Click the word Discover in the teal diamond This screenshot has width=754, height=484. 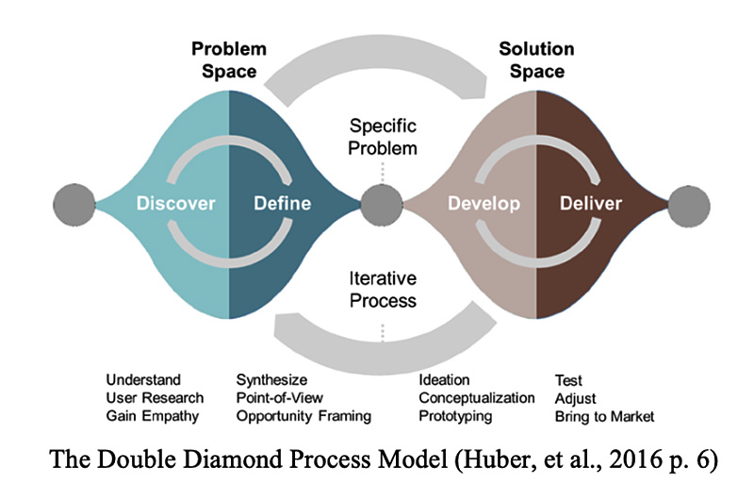(x=176, y=203)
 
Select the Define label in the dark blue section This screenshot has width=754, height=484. (x=283, y=203)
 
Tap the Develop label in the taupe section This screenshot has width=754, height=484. (x=484, y=203)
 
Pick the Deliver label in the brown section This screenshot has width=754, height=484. (x=591, y=203)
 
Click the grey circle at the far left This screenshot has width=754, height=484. (x=74, y=203)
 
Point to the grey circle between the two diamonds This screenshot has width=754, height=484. (x=383, y=203)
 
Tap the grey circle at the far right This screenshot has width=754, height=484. (x=690, y=203)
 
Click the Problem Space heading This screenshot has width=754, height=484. (x=229, y=59)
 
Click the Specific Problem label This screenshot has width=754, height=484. (x=383, y=136)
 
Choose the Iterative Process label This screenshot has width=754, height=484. (x=383, y=290)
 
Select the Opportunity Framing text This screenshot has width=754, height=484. (x=303, y=415)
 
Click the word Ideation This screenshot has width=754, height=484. (x=444, y=380)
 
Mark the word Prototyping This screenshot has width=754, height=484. (x=455, y=415)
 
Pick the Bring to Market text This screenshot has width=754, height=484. (x=604, y=415)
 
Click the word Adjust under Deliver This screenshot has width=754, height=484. (x=575, y=397)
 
